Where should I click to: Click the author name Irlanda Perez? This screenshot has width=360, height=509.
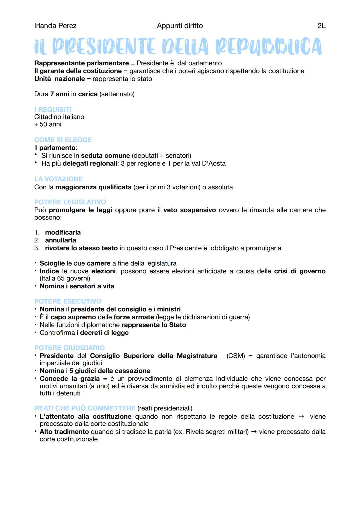tap(55, 26)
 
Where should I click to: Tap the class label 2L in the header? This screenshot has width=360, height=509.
tap(321, 26)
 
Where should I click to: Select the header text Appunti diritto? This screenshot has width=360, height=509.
tap(180, 26)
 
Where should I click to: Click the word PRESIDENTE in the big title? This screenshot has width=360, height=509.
tap(104, 46)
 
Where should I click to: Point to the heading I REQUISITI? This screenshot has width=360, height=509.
tap(53, 109)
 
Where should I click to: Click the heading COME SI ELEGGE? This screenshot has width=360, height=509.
tap(63, 140)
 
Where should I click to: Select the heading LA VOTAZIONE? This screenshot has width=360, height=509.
tap(58, 179)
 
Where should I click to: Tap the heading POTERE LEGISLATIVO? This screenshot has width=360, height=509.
tap(70, 202)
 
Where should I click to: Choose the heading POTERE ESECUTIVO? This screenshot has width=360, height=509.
tap(68, 301)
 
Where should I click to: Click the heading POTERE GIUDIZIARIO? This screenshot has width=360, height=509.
tap(69, 348)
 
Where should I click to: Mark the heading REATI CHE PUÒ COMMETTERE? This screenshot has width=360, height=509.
tap(85, 408)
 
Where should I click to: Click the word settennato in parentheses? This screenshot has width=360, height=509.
tap(117, 94)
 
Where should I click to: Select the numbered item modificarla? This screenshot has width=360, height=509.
tap(63, 232)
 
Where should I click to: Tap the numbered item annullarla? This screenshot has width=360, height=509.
tap(60, 240)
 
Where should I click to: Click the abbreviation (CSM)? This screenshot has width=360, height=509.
tap(235, 356)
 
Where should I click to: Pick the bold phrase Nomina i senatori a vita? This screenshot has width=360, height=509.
tap(77, 286)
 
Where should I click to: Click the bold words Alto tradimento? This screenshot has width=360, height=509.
tap(64, 432)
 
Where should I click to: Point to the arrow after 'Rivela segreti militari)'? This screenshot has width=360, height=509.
tap(254, 432)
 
